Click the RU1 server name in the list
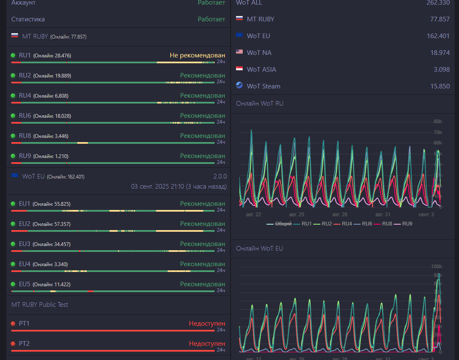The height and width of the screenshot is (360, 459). pos(25,55)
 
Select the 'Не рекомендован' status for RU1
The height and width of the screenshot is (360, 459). pos(197,55)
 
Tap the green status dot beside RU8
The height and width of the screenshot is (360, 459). pos(13,136)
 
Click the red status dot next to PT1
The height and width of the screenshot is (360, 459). pos(13,324)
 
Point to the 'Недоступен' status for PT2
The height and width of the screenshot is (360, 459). pos(207,344)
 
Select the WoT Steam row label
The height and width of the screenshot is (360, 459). pos(263,86)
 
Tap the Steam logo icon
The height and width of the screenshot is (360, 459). pos(239,85)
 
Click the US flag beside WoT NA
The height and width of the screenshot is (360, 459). pos(239,52)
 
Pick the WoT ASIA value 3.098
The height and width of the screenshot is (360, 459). pos(442,70)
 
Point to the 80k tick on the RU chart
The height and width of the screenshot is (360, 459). pos(438,122)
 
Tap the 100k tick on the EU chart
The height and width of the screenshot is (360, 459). pos(436,267)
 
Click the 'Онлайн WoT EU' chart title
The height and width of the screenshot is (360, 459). pos(259,249)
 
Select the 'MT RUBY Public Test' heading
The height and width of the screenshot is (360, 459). pos(39,305)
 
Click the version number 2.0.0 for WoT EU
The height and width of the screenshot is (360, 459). pos(220,176)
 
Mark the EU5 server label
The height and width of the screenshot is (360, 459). pos(25,284)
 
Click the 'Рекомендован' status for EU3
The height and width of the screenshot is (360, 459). pos(202,244)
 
